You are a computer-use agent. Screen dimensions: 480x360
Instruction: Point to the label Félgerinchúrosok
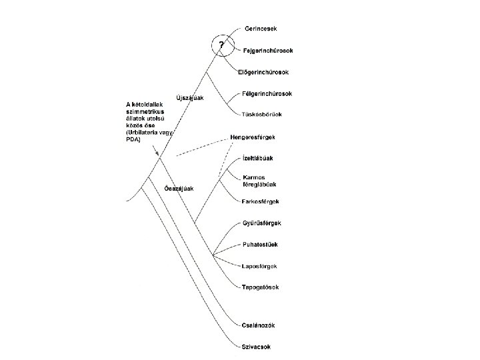pos(267,94)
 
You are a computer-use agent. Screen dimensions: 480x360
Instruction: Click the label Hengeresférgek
pos(262,137)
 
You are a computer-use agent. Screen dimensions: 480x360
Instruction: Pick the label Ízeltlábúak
pos(257,158)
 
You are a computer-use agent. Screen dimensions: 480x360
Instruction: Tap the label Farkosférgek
pos(259,201)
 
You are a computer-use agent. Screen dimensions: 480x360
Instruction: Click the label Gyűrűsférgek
pos(261,222)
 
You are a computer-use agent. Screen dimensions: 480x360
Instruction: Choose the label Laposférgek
pos(259,266)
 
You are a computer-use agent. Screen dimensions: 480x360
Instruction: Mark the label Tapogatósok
pos(261,287)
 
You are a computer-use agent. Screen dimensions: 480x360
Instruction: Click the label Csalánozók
pos(259,325)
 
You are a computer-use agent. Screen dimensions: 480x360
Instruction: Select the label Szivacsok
pos(257,347)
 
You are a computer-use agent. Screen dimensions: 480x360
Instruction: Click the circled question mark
pos(222,45)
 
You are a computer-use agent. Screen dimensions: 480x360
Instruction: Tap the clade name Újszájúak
pos(189,98)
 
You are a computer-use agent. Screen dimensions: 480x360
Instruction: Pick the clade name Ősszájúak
pos(179,189)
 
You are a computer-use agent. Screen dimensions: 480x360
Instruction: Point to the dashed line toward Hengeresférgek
pos(200,146)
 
